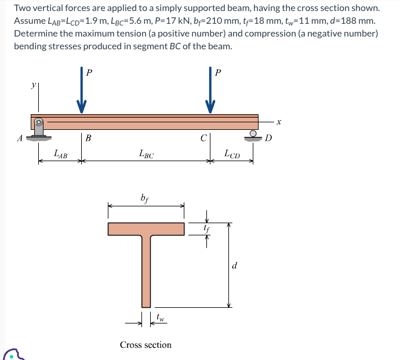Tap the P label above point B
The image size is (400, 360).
point(89,73)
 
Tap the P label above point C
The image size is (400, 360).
point(217,73)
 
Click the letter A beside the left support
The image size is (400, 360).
point(20,138)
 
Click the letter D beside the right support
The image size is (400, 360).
point(268,138)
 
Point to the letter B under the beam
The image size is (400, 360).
point(88,138)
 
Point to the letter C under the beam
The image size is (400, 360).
point(203,138)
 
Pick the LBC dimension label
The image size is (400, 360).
point(146,154)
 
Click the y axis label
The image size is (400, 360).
point(34,85)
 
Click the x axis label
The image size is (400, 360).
point(279,122)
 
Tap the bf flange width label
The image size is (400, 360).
point(145,198)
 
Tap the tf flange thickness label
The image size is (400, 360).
point(206,229)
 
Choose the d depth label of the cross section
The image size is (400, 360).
point(234,266)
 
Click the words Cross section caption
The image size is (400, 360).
point(146,345)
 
